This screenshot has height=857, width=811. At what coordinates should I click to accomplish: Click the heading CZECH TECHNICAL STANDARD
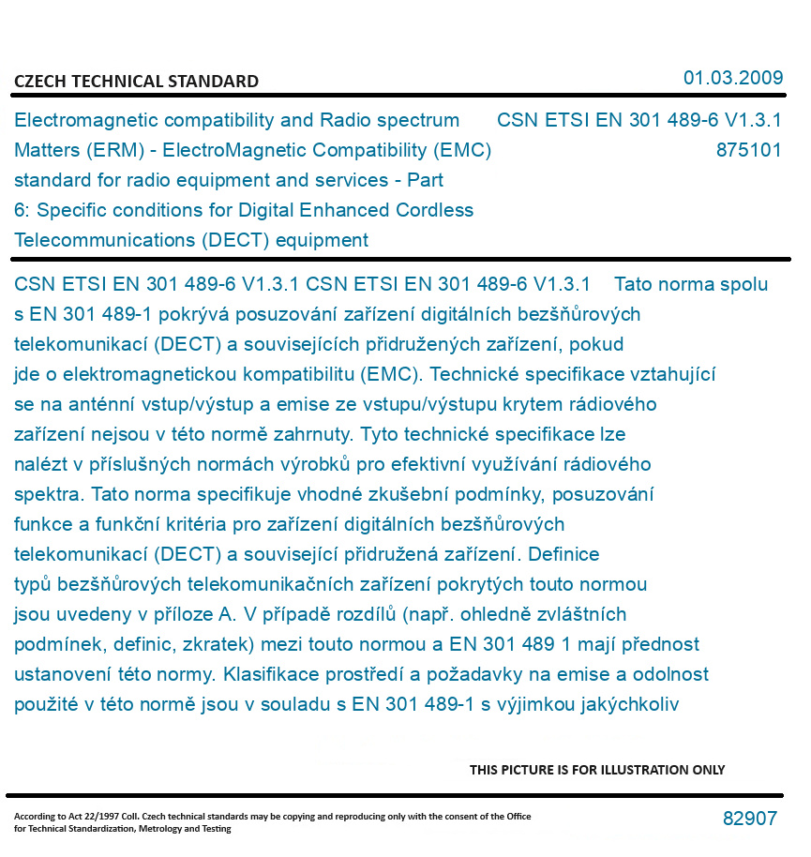click(136, 82)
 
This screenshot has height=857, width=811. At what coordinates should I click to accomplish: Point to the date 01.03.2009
click(733, 78)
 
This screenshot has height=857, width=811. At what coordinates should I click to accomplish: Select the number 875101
click(748, 150)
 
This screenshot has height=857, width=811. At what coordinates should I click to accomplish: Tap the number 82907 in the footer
click(749, 819)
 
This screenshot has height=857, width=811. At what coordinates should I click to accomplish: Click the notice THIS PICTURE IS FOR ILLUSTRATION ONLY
click(597, 770)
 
